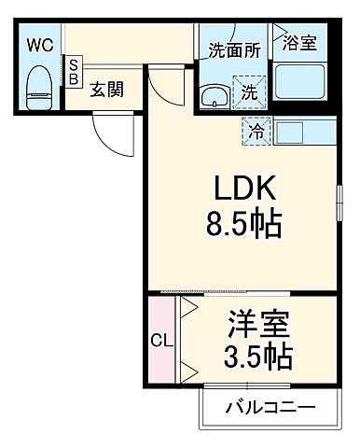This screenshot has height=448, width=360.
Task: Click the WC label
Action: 39,44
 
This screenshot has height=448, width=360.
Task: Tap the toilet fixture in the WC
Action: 38,86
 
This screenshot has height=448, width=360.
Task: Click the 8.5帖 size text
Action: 239,225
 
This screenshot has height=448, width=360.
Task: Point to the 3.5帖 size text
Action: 258,357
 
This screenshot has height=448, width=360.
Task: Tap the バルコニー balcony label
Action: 270,408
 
